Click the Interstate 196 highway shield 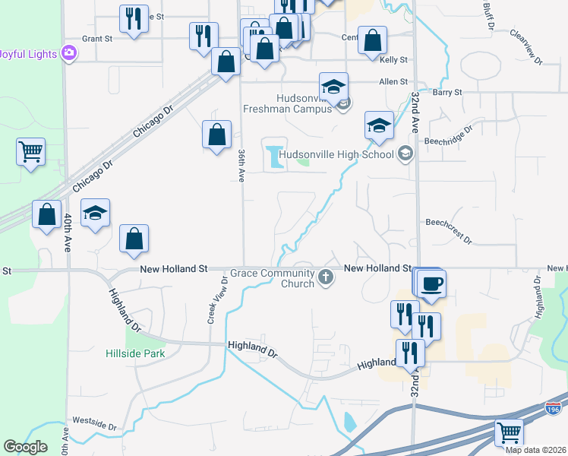coord(553,409)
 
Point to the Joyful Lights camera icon coord(70,53)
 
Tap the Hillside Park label coord(134,353)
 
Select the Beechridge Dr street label coord(447,131)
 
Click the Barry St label coord(447,92)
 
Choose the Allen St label coord(393,81)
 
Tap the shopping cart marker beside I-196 coord(509,432)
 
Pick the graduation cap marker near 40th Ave coord(96,213)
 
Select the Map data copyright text coord(536,449)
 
